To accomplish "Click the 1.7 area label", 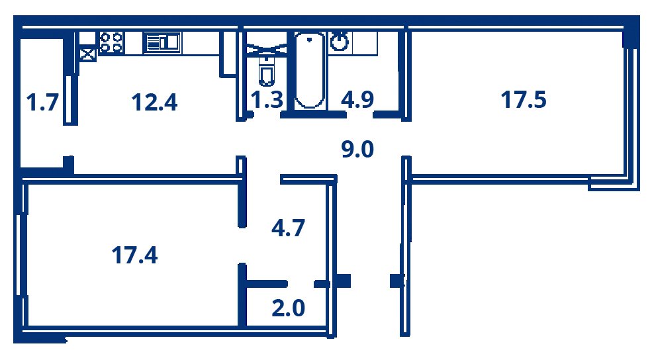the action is [42, 103].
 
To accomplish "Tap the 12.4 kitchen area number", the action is [154, 103].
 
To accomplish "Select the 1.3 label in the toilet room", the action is [267, 100].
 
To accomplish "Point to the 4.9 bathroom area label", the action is [357, 100].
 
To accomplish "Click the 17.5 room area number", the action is [523, 100].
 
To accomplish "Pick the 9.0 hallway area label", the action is [357, 150].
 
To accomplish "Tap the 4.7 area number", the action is [288, 228].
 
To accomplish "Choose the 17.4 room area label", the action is [135, 255].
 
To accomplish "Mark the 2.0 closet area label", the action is [288, 308].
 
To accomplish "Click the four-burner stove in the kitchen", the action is [111, 42].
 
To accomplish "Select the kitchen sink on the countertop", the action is [162, 42].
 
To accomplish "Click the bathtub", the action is [310, 70].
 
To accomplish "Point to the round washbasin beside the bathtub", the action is [340, 42].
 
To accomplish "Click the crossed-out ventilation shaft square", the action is [87, 55].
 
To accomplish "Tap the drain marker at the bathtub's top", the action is [309, 40].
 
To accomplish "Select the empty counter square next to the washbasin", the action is [365, 43].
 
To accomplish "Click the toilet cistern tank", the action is [266, 60].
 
